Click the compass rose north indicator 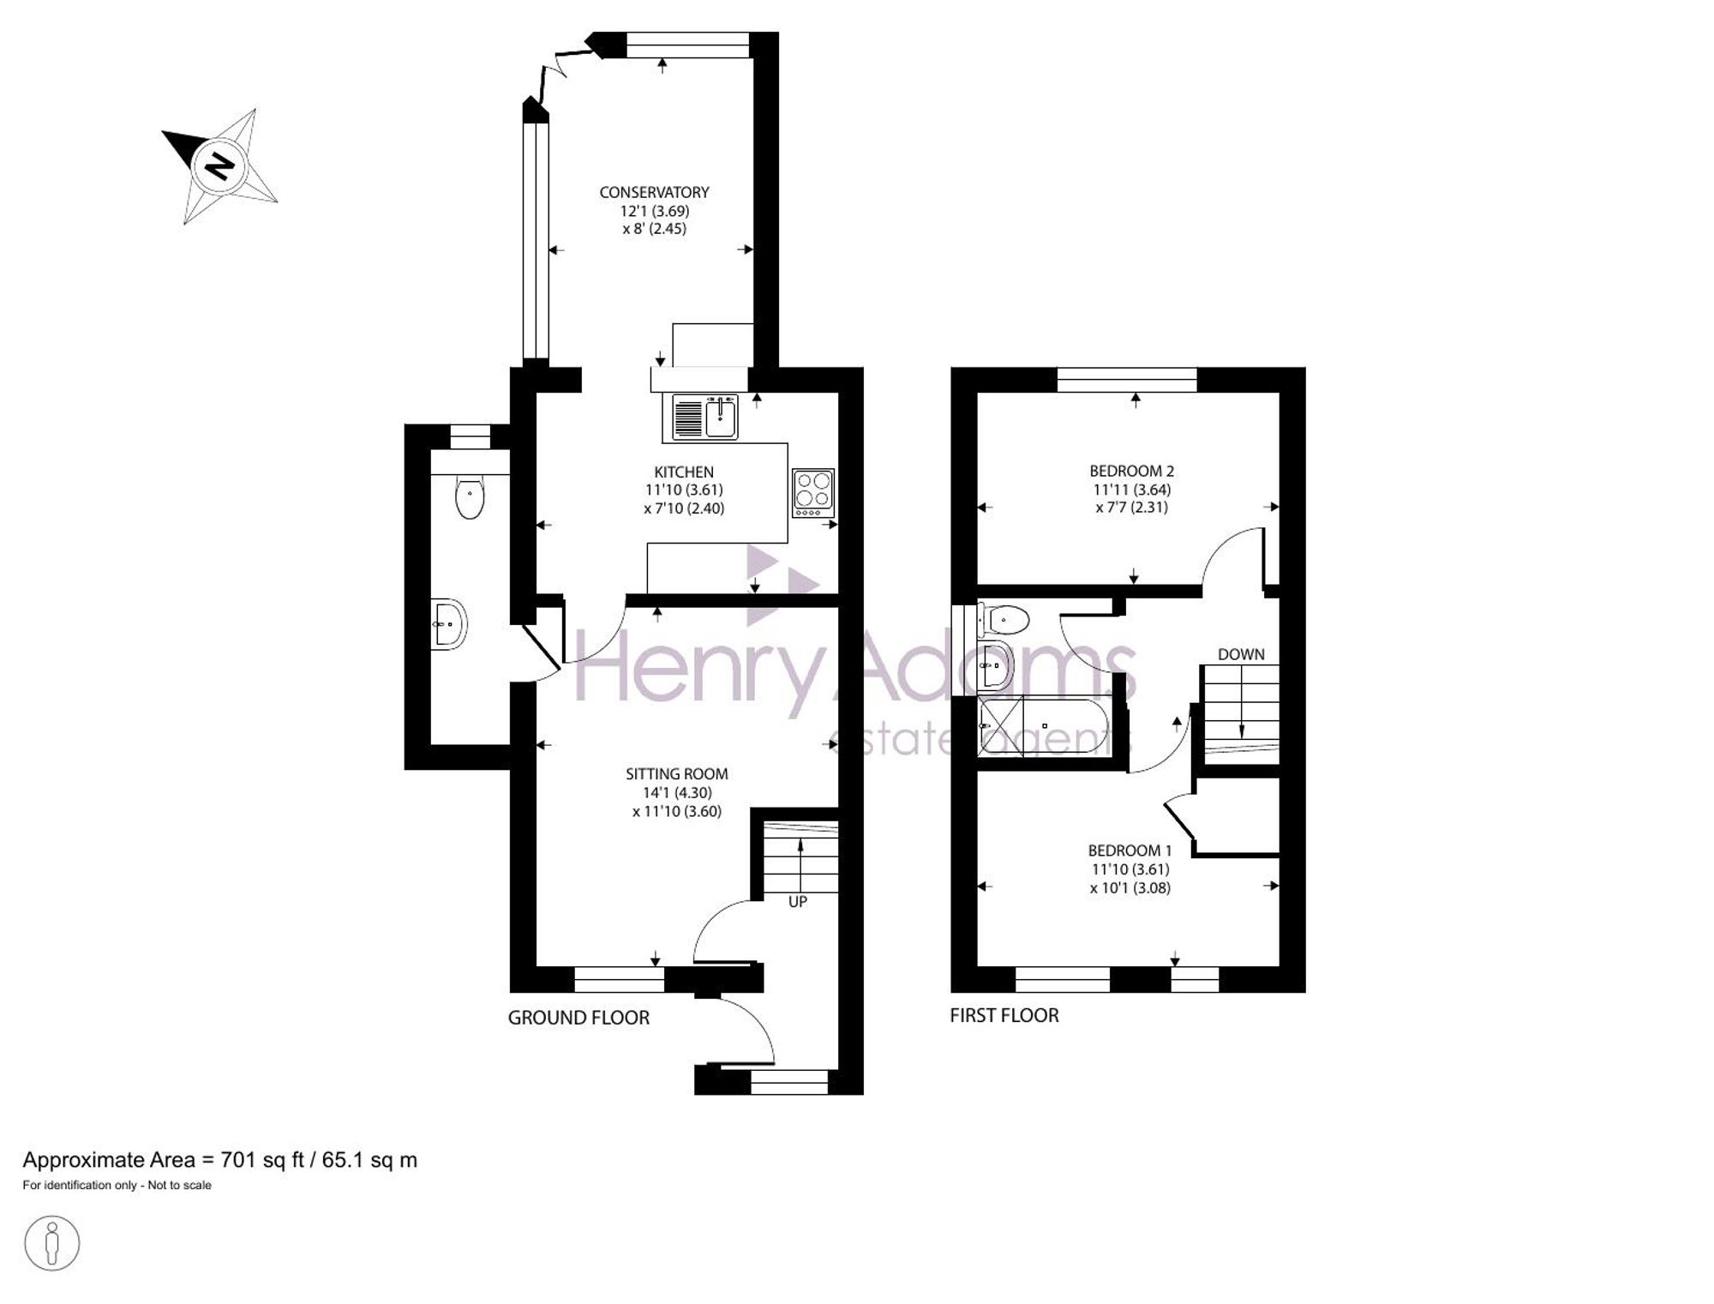[x=219, y=165]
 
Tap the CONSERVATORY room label [x=654, y=192]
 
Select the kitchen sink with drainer [x=705, y=417]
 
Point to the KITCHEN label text [x=684, y=472]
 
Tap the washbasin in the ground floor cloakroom [x=449, y=623]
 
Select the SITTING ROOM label [x=677, y=774]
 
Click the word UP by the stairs [x=798, y=901]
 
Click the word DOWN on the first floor [x=1241, y=654]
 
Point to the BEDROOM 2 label [x=1131, y=471]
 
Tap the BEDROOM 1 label [x=1130, y=850]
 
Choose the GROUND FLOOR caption [x=578, y=1018]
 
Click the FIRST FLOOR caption [x=1004, y=1015]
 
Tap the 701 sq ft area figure [x=262, y=1160]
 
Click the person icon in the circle [x=52, y=1242]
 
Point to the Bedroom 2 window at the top [x=1127, y=379]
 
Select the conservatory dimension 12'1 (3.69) [x=655, y=211]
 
